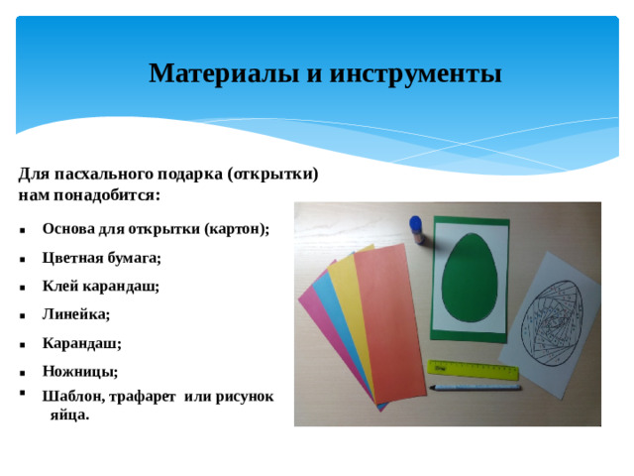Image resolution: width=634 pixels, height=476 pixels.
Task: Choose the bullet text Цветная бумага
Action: coord(101,257)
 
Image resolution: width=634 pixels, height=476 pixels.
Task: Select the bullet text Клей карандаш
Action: coord(100,286)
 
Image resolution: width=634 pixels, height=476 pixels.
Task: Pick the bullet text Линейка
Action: coord(75,314)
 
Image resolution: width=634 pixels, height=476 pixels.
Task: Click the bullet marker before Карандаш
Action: coord(21,344)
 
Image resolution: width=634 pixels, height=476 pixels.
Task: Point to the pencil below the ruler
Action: coord(475,386)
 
